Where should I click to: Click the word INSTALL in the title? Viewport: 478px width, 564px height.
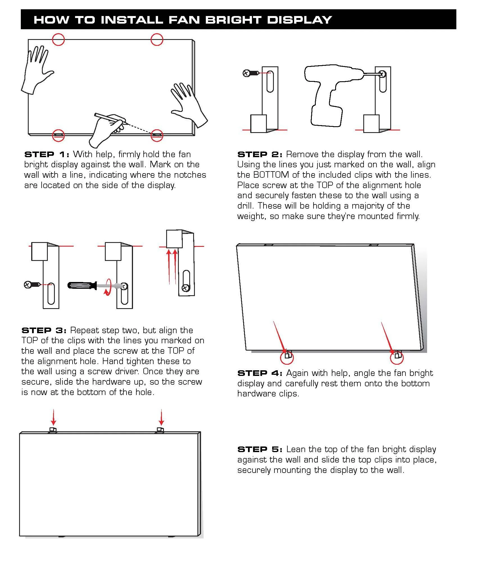click(x=132, y=20)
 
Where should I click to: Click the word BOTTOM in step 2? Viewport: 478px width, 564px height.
click(x=271, y=175)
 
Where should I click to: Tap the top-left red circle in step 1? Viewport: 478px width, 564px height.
click(x=58, y=39)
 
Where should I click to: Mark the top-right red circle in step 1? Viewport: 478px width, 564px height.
click(x=157, y=39)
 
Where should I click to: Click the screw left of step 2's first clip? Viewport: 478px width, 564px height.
click(x=251, y=73)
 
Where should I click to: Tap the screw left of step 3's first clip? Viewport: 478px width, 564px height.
click(x=33, y=285)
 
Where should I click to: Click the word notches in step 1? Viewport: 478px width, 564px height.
click(x=190, y=175)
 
